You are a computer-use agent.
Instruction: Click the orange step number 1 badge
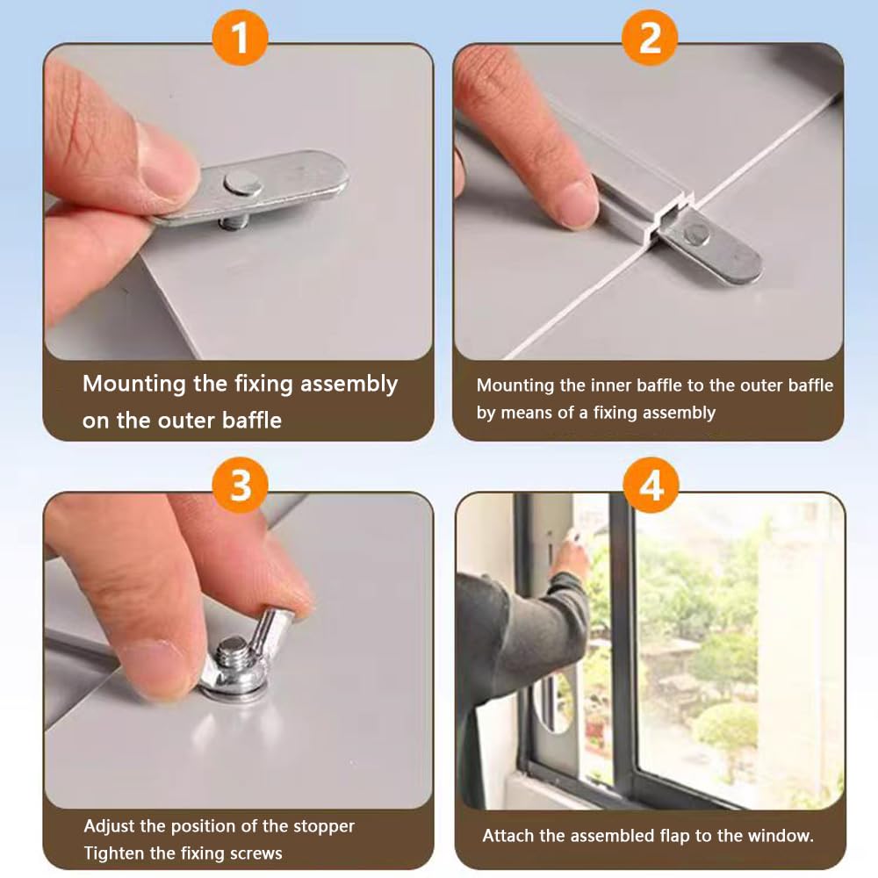[x=240, y=38]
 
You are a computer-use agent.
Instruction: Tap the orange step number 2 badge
[x=650, y=38]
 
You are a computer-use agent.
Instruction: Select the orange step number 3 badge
[x=241, y=485]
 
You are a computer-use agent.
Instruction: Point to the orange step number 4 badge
[x=651, y=485]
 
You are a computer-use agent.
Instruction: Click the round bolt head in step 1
[x=243, y=184]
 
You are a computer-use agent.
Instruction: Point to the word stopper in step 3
[x=326, y=827]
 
